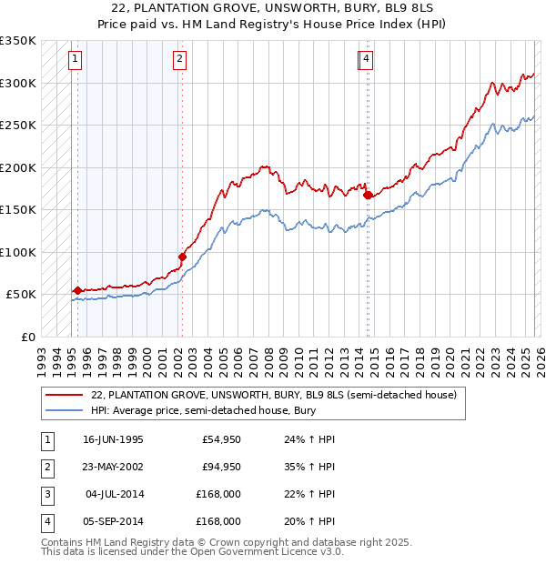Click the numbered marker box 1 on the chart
[74, 60]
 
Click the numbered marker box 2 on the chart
[180, 60]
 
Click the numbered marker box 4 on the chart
[366, 60]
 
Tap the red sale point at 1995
[77, 290]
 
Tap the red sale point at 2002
[182, 257]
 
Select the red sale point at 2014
[368, 195]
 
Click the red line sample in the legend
[64, 395]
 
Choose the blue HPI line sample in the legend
[64, 411]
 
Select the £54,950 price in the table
[221, 439]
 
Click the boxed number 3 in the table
[46, 494]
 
